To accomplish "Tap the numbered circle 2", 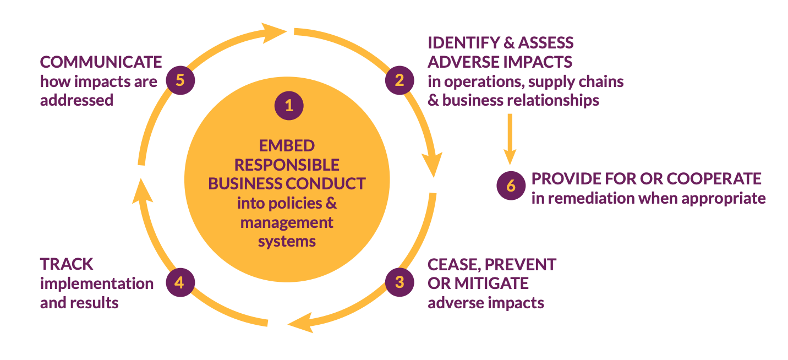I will [400, 80].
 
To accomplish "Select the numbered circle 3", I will [400, 282].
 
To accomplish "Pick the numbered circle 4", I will [179, 282].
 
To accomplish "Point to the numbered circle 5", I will [179, 80].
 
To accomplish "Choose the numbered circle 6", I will [511, 186].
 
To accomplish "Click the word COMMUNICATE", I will [101, 62].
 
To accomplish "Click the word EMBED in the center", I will [286, 146].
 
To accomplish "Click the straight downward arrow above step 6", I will [510, 138].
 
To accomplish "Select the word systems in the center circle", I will [287, 241].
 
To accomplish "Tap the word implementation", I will [97, 283].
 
